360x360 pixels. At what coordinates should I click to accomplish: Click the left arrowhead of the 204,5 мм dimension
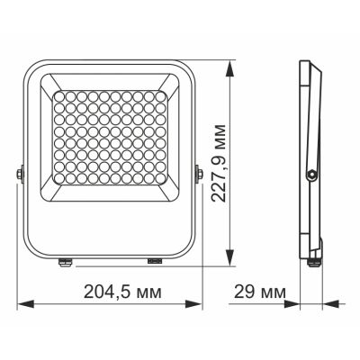22,303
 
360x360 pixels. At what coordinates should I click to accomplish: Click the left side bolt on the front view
21,172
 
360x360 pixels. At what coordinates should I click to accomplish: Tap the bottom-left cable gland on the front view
65,263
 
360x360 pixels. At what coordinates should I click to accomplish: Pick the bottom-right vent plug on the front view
154,262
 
